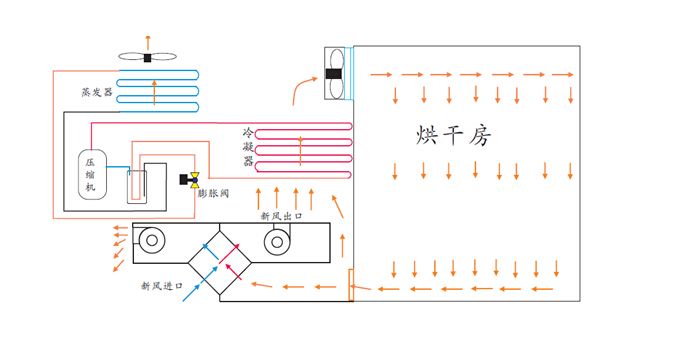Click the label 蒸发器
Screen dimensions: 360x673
click(x=97, y=91)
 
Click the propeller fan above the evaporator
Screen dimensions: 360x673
click(x=147, y=57)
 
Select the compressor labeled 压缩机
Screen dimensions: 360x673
click(x=90, y=173)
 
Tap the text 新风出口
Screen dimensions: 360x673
click(x=280, y=215)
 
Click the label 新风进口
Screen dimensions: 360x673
click(x=161, y=285)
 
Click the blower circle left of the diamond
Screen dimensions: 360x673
click(x=152, y=240)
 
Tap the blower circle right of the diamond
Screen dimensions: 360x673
click(x=277, y=240)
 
